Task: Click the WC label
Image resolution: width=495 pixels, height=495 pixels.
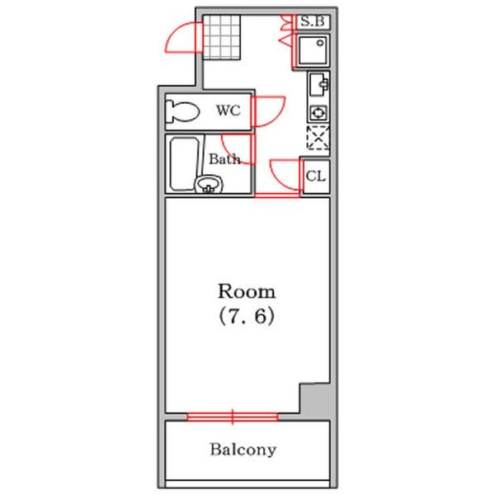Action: [x=229, y=111]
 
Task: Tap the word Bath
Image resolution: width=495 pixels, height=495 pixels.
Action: [x=224, y=158]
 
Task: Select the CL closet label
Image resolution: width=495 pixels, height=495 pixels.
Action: [x=316, y=177]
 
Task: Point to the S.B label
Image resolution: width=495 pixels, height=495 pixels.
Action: [x=312, y=21]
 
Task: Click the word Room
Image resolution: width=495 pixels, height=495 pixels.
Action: [x=247, y=291]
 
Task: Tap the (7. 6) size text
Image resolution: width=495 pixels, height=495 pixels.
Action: [x=246, y=316]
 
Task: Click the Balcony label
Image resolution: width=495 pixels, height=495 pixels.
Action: [x=243, y=450]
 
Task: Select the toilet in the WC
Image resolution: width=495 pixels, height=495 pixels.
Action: [x=182, y=111]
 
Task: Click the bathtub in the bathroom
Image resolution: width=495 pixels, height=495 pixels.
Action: [x=184, y=164]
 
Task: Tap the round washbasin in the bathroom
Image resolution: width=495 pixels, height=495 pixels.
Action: [x=209, y=184]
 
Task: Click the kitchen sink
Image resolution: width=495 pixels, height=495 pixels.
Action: [x=318, y=84]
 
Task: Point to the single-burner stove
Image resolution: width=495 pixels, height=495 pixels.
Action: [x=318, y=112]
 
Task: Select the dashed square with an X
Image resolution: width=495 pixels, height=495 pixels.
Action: [x=318, y=137]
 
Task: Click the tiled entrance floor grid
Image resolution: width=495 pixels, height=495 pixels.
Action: [x=222, y=37]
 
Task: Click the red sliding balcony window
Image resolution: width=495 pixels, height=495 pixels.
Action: [x=233, y=417]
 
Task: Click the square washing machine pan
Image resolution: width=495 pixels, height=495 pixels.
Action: [x=313, y=50]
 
